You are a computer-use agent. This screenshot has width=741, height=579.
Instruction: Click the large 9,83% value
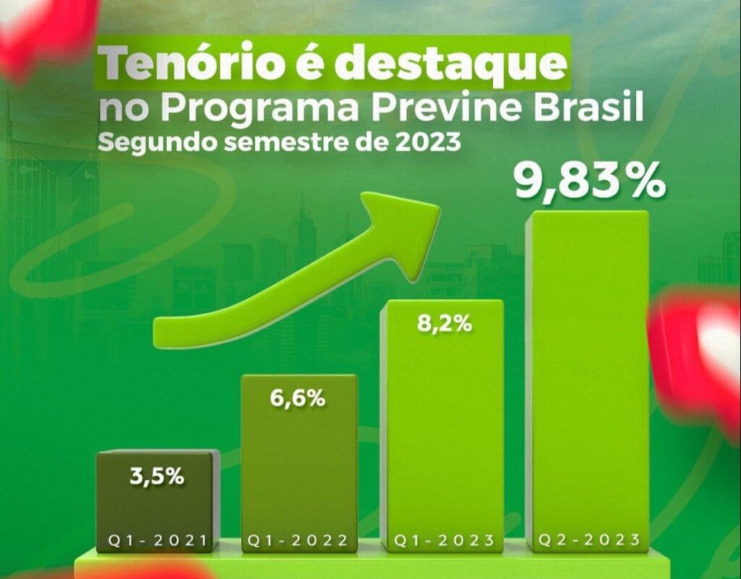coord(589,181)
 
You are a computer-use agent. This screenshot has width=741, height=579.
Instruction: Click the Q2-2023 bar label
coord(588,541)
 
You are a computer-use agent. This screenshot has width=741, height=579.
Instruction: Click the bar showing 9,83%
coord(587,376)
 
